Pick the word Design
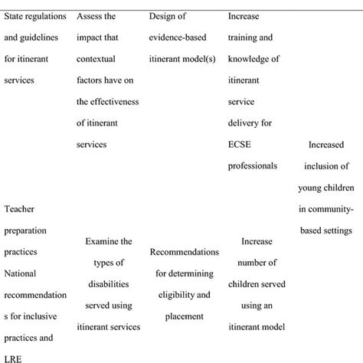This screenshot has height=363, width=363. pyautogui.click(x=164, y=15)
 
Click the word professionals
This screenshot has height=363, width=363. pyautogui.click(x=257, y=164)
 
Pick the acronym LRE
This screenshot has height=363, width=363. pyautogui.click(x=14, y=357)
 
